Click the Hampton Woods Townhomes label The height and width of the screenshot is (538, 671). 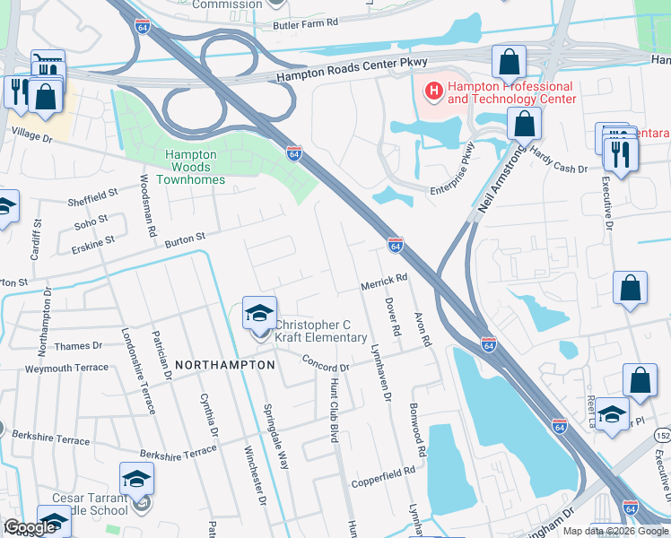(x=190, y=167)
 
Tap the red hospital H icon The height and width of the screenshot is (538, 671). (x=434, y=90)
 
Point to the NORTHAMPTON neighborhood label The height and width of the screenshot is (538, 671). (x=224, y=366)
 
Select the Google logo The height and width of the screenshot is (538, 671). (x=30, y=527)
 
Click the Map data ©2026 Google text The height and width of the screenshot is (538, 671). (x=614, y=531)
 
